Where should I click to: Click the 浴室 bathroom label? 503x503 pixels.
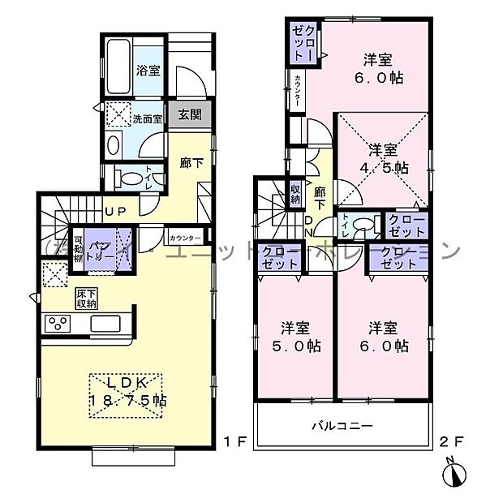tap(148, 70)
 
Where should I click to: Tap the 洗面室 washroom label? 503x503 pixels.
tap(148, 118)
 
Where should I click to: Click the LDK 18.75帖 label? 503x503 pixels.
tap(126, 391)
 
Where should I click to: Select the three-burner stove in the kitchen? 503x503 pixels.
tap(59, 325)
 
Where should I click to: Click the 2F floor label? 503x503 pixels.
tap(452, 442)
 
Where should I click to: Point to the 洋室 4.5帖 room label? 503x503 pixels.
tap(385, 159)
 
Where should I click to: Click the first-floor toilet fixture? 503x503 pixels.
tap(127, 176)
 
